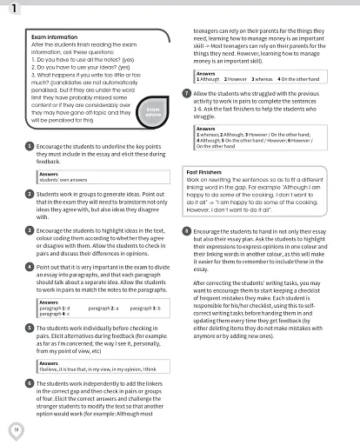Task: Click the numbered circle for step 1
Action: coord(30,147)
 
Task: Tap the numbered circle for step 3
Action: coord(30,230)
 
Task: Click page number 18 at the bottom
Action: coord(16,428)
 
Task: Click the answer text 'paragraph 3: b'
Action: coord(144,308)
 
